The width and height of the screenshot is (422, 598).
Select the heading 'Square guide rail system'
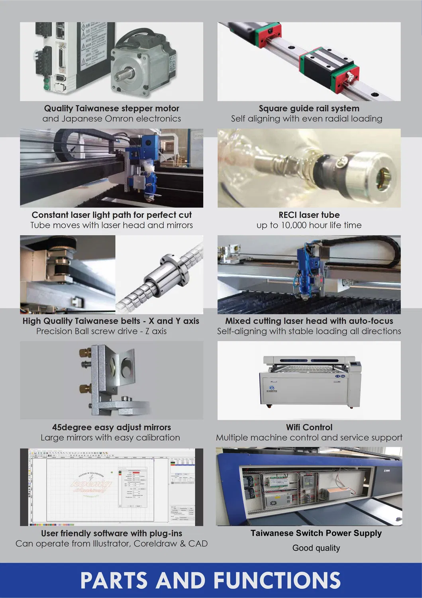[x=309, y=109]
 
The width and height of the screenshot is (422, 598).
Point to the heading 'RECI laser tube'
[x=309, y=215]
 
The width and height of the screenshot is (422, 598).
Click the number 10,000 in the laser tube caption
[x=294, y=225]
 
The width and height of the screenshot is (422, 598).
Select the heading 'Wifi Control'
[x=309, y=427]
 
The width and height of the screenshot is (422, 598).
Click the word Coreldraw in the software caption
[x=154, y=544]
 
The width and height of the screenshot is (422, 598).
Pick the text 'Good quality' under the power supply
[x=316, y=548]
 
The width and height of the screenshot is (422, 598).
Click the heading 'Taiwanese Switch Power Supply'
[x=316, y=533]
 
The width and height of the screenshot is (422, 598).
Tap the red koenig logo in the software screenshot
[x=91, y=484]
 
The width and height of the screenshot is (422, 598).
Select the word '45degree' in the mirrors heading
[x=72, y=428]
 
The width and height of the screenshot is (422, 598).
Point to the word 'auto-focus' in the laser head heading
[x=371, y=321]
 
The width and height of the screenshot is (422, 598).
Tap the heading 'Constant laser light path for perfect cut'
[x=112, y=215]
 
